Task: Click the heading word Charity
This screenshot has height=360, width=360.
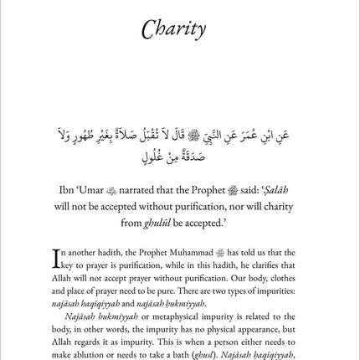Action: tap(179, 32)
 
